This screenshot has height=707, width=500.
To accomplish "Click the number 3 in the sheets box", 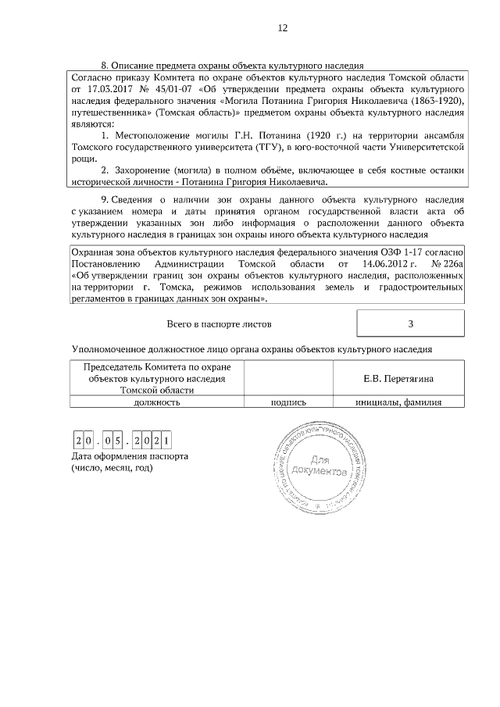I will point(410,323).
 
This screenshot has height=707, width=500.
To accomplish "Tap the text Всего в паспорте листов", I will point(220,323).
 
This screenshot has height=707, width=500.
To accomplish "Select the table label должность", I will point(157,402).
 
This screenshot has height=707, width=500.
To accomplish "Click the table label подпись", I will point(287,402).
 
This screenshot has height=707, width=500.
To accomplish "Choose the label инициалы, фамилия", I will point(399,402).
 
